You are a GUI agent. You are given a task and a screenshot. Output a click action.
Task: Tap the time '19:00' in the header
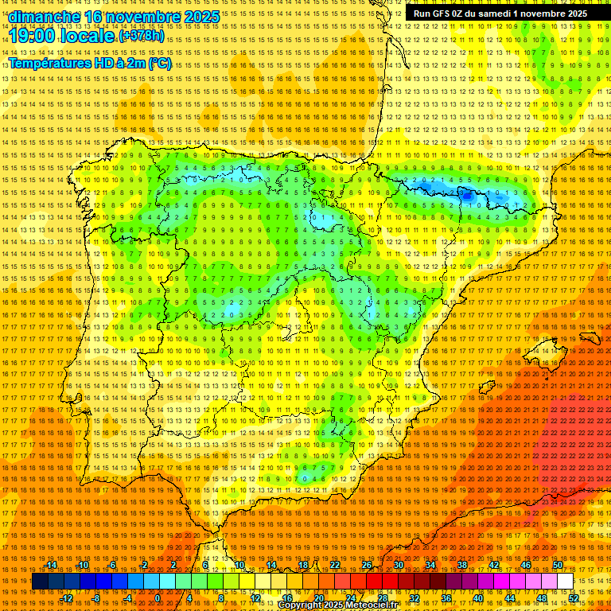tap(33, 36)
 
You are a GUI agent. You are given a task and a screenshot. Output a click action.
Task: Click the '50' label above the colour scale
tap(558, 565)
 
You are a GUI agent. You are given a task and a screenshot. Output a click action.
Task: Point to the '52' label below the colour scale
tap(574, 598)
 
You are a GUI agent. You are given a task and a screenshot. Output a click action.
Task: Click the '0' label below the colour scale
tap(158, 598)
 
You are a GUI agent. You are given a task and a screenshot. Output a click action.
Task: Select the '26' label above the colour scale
tap(367, 565)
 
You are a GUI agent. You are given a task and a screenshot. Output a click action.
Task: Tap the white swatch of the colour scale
tap(565, 582)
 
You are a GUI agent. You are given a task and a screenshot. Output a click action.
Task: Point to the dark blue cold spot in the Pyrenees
tap(466, 193)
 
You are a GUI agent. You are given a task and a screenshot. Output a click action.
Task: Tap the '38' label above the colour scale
tap(462, 565)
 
